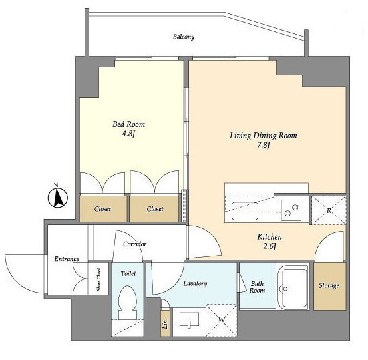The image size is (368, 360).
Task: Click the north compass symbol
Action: [x=58, y=197]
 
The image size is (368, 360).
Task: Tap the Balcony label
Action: [x=184, y=37]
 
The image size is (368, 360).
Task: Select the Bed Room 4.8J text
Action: [x=128, y=129]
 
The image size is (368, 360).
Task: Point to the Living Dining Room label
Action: [x=264, y=136]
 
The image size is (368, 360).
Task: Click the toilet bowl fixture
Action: [x=128, y=303]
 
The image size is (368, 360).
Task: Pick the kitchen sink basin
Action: [x=245, y=211]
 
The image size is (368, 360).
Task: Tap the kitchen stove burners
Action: [x=291, y=210]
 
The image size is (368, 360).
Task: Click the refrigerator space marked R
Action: [x=329, y=210]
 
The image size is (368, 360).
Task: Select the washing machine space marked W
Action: [x=222, y=320]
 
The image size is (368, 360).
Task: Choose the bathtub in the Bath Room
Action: [x=293, y=287]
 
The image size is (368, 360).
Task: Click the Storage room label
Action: [x=329, y=285]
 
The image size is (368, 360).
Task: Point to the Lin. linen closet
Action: [x=166, y=323]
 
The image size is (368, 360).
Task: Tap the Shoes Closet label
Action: [x=98, y=279]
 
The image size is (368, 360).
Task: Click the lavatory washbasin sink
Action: [x=189, y=320]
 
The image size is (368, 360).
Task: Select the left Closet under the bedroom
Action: [x=103, y=209]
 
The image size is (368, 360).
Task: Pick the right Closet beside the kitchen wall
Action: [x=154, y=209]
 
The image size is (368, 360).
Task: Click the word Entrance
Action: [x=67, y=259]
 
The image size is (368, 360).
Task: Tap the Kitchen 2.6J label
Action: [x=270, y=241]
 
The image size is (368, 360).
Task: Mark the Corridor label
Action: [x=134, y=244]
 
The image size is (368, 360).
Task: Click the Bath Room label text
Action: [x=257, y=287]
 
